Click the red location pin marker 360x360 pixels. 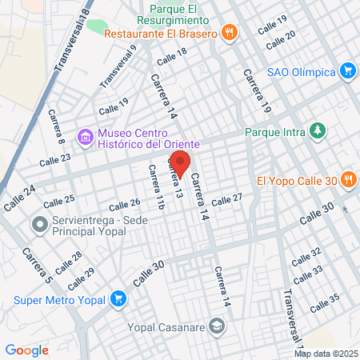(180, 162)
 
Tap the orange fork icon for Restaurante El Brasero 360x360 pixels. (230, 33)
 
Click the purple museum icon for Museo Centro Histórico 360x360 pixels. (85, 138)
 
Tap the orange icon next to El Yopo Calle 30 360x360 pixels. (347, 180)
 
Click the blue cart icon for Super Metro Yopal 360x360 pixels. (118, 300)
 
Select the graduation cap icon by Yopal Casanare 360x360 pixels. (216, 326)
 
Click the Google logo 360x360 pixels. (26, 350)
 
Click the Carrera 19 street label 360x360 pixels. (254, 89)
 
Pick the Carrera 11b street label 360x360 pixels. (154, 187)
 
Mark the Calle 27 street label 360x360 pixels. (226, 199)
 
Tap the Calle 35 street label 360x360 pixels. (325, 302)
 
